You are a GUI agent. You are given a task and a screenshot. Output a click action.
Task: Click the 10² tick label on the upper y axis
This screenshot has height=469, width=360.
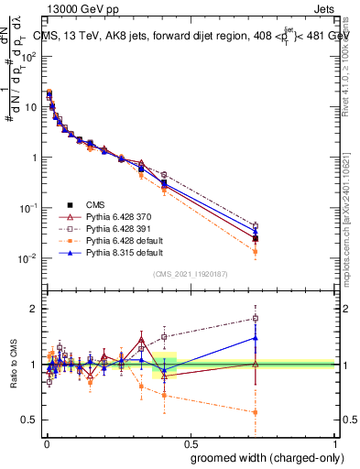27,56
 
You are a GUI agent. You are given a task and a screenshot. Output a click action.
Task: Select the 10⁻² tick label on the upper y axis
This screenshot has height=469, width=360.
27,258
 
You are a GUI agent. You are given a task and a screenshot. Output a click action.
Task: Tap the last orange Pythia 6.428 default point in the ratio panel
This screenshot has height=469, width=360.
255,412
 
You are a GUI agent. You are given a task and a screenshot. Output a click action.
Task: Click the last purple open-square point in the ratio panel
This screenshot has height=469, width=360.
255,319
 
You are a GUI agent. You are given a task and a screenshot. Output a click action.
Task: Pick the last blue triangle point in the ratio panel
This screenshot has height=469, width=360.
255,338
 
